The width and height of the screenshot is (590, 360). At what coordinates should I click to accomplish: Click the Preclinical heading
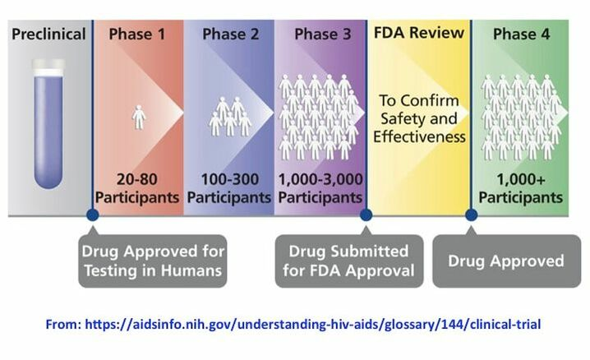[x=48, y=35]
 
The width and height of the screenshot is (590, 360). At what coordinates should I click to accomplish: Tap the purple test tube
[x=48, y=124]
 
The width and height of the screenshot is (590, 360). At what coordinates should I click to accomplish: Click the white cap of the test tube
[x=48, y=67]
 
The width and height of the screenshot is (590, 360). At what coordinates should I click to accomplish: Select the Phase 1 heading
[x=137, y=35]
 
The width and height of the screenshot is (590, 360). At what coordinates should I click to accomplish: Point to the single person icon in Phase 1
[x=139, y=118]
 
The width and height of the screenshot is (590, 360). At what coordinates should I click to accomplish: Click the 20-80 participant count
[x=137, y=179]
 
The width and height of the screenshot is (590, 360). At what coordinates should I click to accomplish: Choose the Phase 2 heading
[x=231, y=35]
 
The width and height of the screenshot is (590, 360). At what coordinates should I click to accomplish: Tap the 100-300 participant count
[x=230, y=179]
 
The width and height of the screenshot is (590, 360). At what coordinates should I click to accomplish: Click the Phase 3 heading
[x=322, y=35]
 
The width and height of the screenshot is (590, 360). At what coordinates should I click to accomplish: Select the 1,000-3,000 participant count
[x=320, y=179]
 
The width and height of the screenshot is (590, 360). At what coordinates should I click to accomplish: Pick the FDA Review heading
[x=419, y=33]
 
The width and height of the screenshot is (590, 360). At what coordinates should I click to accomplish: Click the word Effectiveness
[x=419, y=136]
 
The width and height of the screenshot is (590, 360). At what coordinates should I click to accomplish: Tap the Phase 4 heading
[x=521, y=35]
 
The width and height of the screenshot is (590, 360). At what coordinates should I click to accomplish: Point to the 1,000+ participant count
[x=521, y=179]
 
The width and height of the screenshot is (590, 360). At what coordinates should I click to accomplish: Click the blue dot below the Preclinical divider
[x=93, y=215]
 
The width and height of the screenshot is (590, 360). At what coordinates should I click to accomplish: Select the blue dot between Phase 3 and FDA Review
[x=366, y=215]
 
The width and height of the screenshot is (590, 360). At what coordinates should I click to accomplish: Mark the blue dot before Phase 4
[x=471, y=215]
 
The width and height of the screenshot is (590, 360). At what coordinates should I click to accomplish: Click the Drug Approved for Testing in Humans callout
[x=153, y=261]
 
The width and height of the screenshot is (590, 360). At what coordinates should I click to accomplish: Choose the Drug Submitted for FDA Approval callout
[x=349, y=261]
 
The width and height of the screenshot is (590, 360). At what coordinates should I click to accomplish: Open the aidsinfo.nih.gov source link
[x=313, y=325]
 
